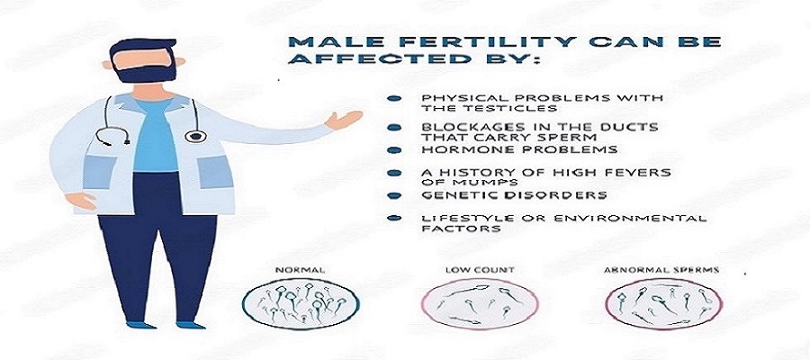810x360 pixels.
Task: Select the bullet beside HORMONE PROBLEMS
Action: click(x=395, y=149)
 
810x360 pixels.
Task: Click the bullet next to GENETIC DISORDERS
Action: click(x=395, y=195)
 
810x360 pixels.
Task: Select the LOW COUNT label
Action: click(x=480, y=270)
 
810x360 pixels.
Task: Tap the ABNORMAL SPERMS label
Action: click(x=661, y=270)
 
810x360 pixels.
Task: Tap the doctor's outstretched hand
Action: click(x=343, y=120)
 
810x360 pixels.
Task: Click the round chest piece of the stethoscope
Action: click(x=195, y=136)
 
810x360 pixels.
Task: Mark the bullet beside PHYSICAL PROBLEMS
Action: click(x=395, y=98)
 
